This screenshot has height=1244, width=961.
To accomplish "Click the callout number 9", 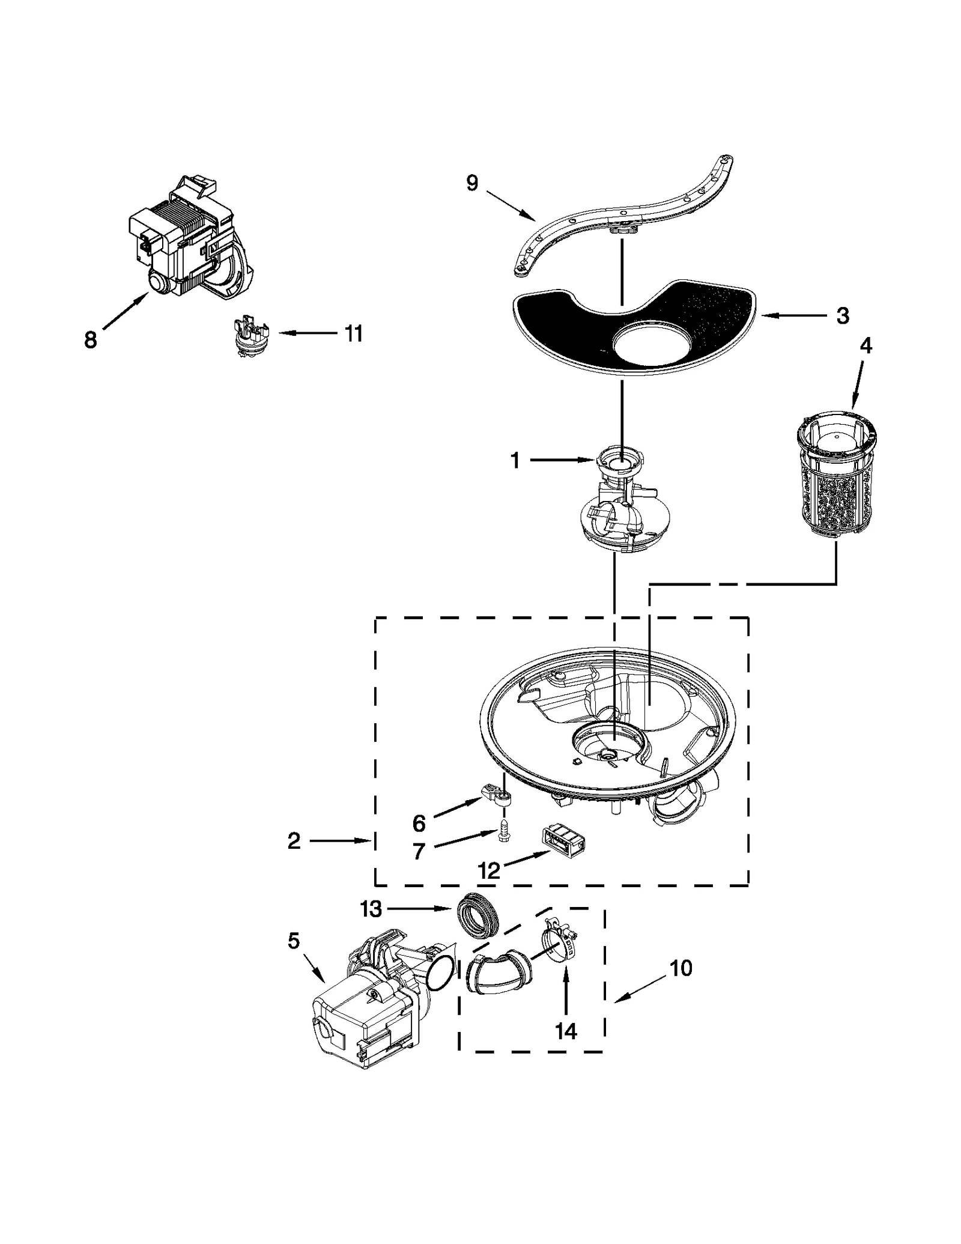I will click(472, 183).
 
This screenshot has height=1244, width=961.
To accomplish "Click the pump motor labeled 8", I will click(189, 241).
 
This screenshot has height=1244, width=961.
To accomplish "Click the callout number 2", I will click(294, 841).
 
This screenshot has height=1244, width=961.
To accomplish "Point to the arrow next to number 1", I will click(561, 460).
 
